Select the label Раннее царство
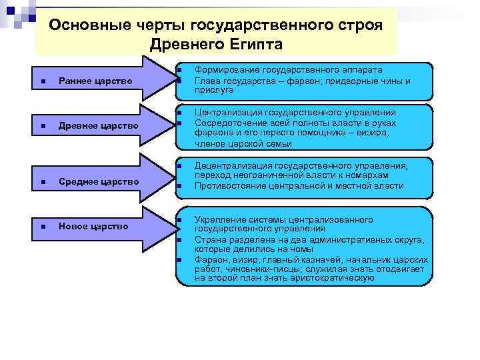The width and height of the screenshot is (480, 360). coord(95,81)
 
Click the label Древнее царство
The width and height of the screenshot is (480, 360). coord(98,125)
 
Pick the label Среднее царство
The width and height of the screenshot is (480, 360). coord(98,181)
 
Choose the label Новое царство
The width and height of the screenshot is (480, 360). coord(93,226)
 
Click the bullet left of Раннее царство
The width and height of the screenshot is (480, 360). coord(43,82)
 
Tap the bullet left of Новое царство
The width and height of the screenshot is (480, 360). coord(43,227)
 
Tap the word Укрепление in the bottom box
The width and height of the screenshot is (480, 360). coord(219,219)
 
